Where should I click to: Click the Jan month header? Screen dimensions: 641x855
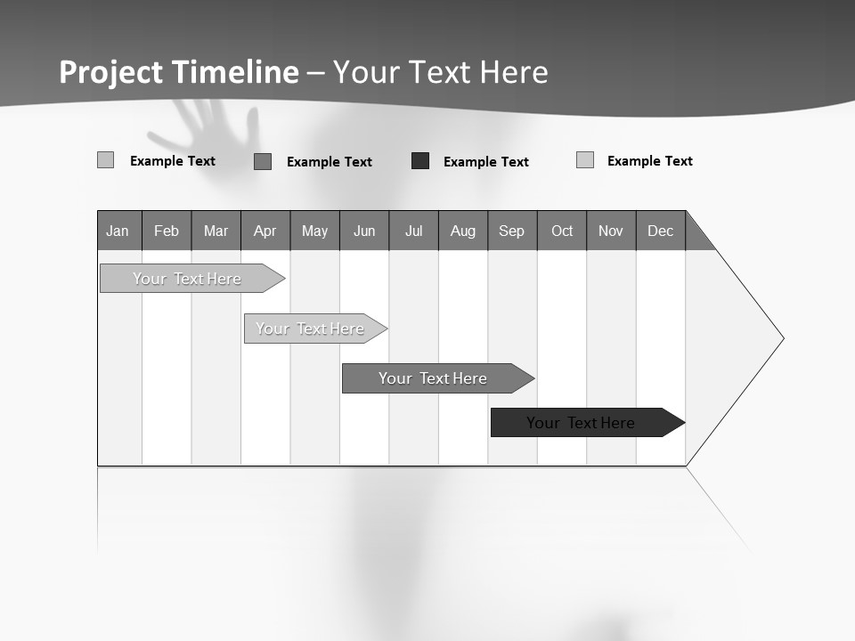(118, 231)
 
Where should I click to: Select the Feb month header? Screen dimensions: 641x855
(167, 231)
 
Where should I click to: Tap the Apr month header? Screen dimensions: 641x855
(265, 231)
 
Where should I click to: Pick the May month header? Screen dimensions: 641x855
(314, 231)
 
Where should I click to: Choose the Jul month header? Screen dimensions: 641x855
(413, 231)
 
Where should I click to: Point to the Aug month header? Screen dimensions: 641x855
(463, 231)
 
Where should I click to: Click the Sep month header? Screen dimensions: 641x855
(512, 231)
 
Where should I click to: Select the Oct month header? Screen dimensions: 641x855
(562, 231)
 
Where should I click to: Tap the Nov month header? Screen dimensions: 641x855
(611, 231)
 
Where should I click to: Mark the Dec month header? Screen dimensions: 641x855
(661, 231)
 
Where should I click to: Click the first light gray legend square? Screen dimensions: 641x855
(105, 160)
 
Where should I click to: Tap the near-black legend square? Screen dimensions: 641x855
(420, 161)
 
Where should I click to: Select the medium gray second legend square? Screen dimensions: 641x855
(263, 161)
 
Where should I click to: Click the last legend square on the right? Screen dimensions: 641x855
(585, 160)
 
